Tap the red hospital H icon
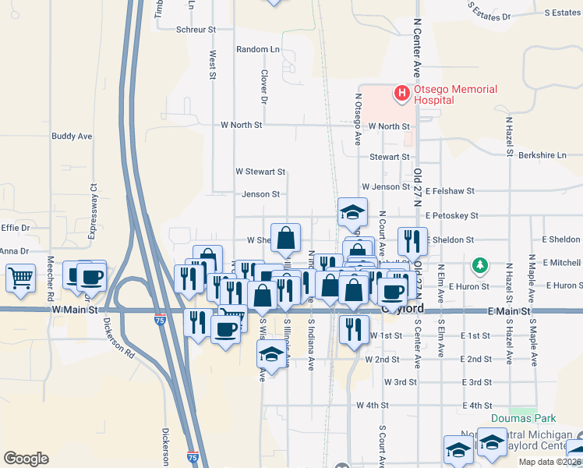403,94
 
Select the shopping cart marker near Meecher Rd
21,277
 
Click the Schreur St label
196,29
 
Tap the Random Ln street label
258,49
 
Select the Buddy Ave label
72,136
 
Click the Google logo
26,458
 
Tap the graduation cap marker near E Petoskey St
353,211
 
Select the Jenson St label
260,194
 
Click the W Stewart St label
261,172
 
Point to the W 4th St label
373,406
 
